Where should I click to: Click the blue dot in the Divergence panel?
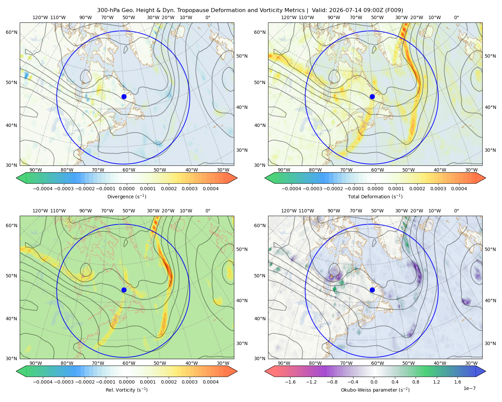click(124, 97)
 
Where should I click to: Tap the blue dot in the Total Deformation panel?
click(372, 97)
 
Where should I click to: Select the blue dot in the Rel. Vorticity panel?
click(124, 290)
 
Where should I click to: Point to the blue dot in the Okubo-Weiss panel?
click(372, 290)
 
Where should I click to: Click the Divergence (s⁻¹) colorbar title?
click(127, 197)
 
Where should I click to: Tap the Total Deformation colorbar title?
click(375, 197)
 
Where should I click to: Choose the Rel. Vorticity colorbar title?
click(127, 390)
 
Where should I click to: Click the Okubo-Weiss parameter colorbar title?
click(375, 390)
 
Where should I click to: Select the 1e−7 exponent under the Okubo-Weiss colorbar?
click(469, 388)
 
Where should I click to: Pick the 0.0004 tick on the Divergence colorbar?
click(211, 189)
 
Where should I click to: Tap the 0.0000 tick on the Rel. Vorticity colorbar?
click(127, 382)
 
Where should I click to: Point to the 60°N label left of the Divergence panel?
click(11, 32)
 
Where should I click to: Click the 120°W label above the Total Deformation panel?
click(289, 17)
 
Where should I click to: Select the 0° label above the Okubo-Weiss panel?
click(456, 211)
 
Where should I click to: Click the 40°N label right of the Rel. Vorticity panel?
click(242, 300)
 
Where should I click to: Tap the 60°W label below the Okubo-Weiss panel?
click(378, 363)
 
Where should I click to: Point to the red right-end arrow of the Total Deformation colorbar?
click(481, 178)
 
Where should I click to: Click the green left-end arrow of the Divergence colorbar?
click(21, 178)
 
